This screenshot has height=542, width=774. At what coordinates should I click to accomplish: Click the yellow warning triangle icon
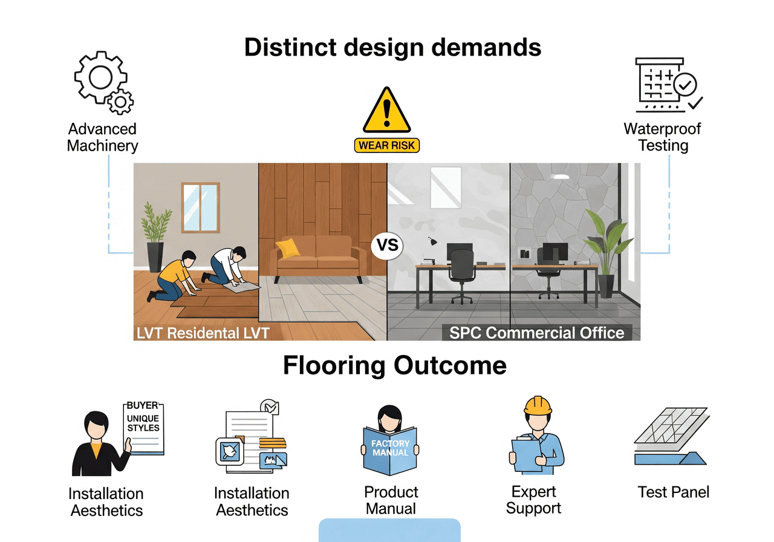387,112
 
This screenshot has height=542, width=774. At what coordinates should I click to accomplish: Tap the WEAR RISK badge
387,146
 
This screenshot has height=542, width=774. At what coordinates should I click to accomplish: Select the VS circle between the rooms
387,247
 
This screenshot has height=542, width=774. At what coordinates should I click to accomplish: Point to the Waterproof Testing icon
666,85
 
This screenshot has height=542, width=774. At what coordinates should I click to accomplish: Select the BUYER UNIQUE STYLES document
143,426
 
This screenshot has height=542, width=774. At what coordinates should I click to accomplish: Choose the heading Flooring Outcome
395,366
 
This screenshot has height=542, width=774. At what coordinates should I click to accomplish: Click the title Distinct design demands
392,47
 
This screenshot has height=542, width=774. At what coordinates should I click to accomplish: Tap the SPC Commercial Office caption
537,333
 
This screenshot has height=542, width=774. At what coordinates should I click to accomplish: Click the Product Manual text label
391,500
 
